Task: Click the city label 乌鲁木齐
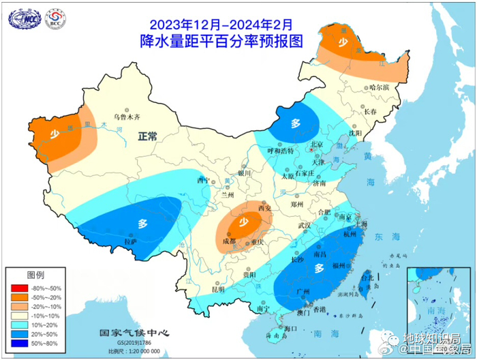(127, 117)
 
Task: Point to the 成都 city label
(229, 241)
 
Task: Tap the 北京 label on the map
(316, 144)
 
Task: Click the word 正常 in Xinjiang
(147, 137)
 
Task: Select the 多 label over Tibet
(143, 223)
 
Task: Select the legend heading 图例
(35, 275)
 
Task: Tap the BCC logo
(55, 18)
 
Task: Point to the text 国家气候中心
(134, 334)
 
